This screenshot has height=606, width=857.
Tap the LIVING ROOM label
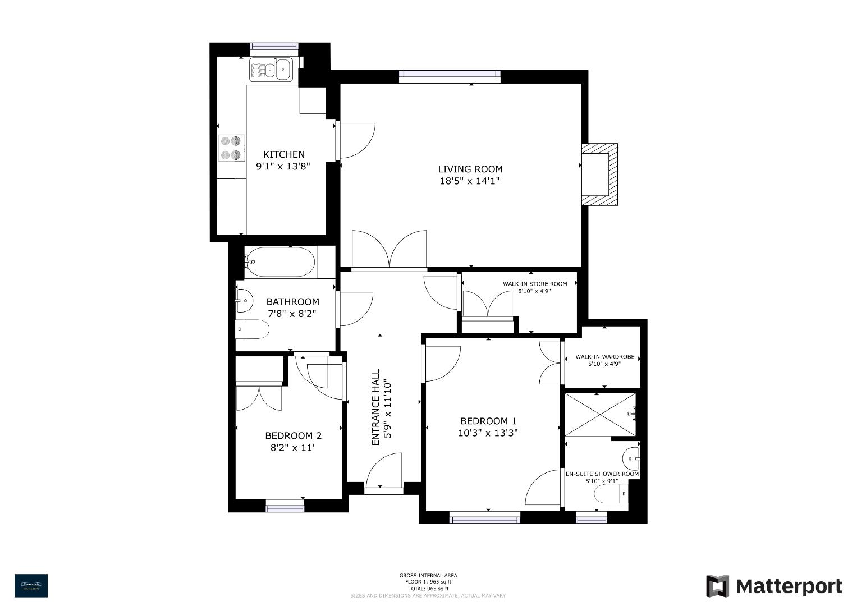tap(470, 169)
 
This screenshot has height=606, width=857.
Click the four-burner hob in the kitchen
tap(231, 148)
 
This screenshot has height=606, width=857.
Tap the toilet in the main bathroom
tap(253, 329)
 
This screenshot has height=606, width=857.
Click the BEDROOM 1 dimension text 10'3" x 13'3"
tap(488, 433)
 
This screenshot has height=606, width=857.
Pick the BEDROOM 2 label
tap(293, 435)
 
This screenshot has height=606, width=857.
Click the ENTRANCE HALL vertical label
tap(381, 407)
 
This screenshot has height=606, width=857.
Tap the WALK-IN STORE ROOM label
tap(534, 284)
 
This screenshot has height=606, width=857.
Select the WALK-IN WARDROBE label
tap(604, 357)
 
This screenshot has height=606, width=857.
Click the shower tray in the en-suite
tap(601, 415)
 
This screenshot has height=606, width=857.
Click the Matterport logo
tap(774, 586)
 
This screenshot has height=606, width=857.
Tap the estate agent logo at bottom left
tap(31, 585)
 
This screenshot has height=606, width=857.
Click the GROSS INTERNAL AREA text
tap(428, 575)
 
